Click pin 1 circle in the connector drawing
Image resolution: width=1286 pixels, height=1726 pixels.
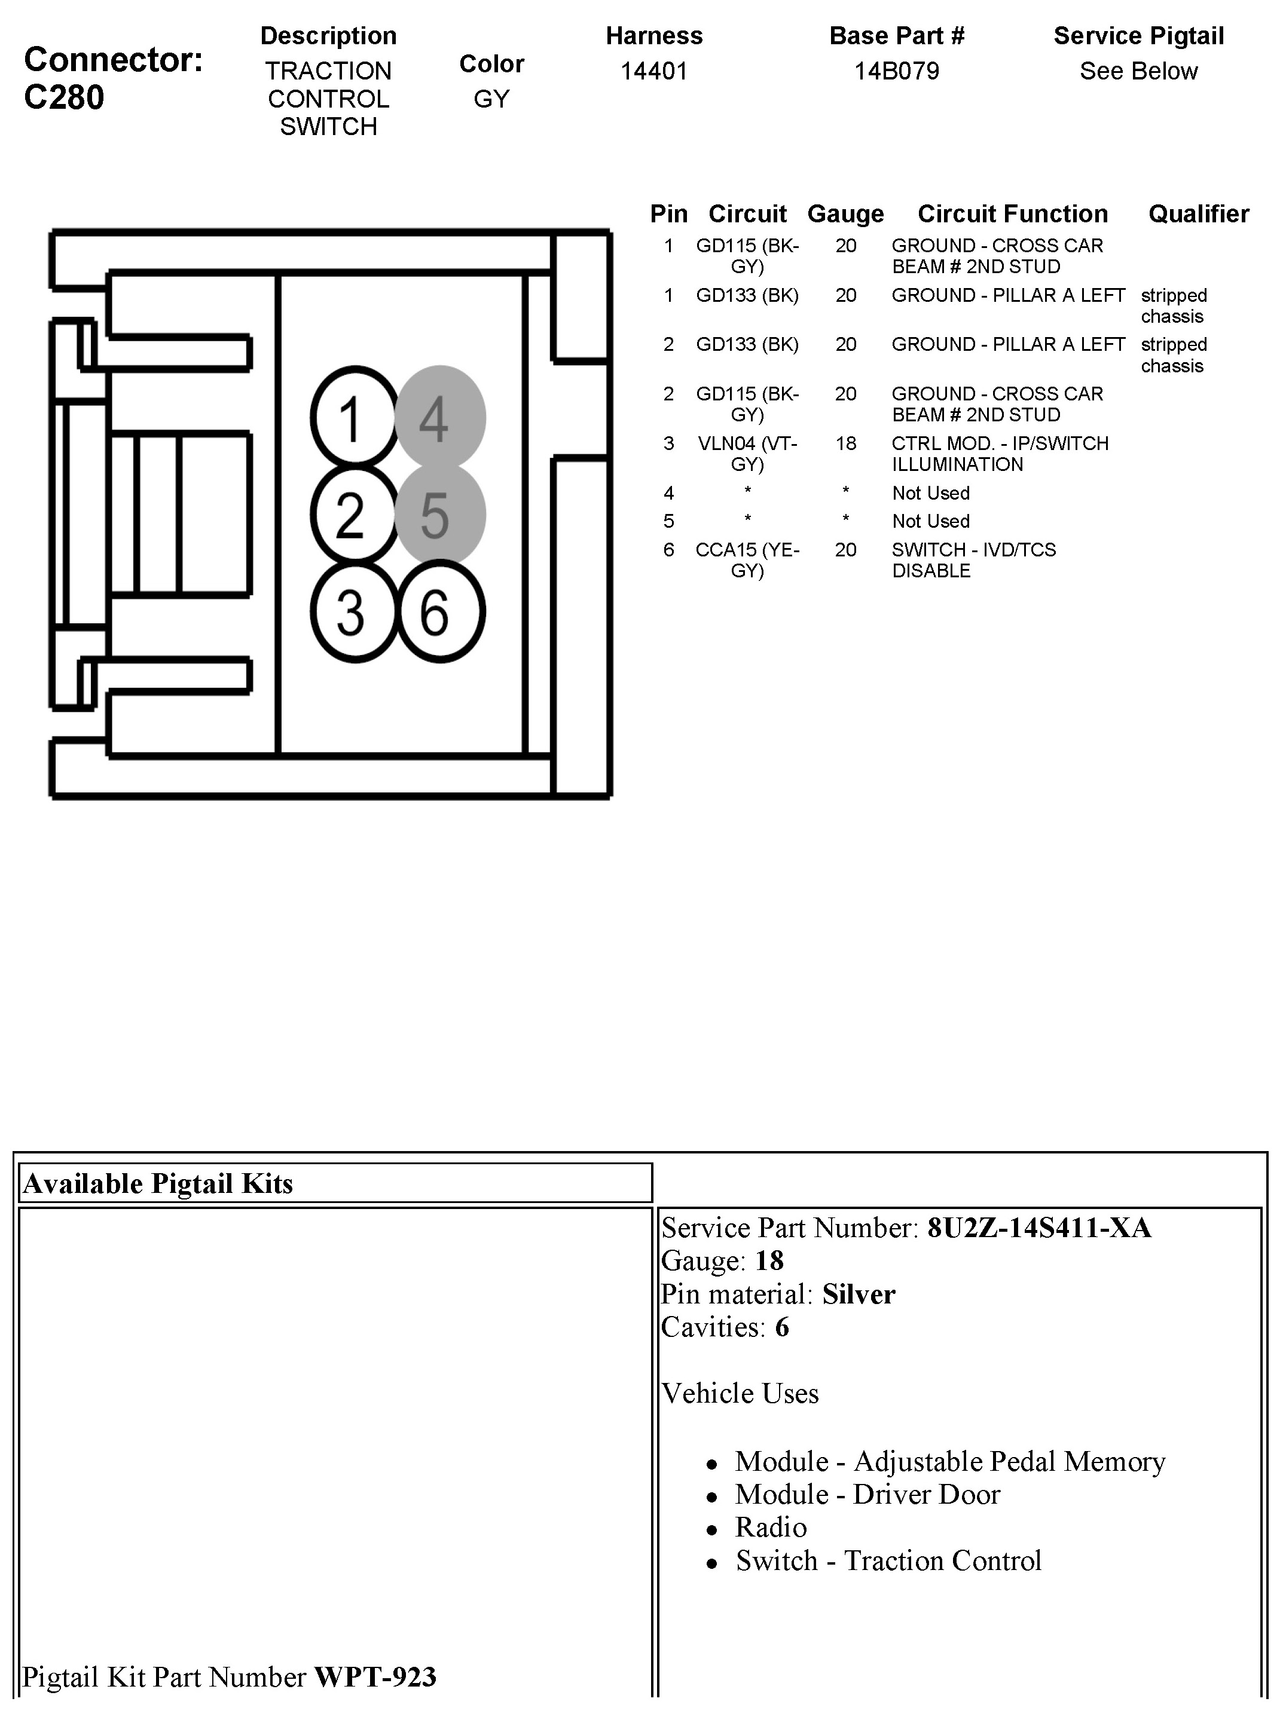354,418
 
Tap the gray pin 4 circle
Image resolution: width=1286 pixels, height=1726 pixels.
440,418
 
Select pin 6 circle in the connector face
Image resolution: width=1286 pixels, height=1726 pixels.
441,611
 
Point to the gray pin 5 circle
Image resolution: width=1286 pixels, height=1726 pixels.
440,515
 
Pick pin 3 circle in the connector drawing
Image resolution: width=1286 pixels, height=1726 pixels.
354,611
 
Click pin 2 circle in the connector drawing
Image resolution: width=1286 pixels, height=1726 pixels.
354,515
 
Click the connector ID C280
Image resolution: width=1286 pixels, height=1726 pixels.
64,98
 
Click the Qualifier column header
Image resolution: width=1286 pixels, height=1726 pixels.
1198,214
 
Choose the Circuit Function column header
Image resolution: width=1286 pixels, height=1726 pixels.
1012,214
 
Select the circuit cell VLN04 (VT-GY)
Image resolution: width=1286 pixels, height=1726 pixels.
747,454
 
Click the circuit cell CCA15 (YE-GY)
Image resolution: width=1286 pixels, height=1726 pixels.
747,560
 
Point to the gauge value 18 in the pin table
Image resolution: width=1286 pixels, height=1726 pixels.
845,443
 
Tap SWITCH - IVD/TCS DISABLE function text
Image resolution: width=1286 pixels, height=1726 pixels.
973,560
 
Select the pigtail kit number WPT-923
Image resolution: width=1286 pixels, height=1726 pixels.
375,1677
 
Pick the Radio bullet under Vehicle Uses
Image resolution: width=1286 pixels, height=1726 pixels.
771,1528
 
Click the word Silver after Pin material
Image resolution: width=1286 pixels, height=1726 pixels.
859,1294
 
